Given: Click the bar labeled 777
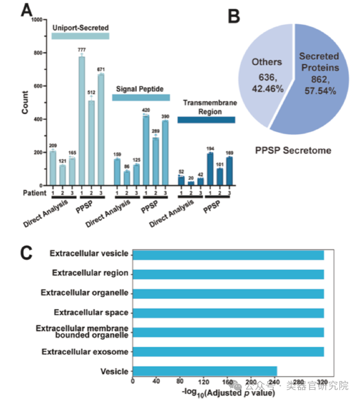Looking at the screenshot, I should (x=82, y=121).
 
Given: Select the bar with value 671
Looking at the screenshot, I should (x=101, y=130).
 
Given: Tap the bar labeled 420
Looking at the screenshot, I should (x=146, y=150).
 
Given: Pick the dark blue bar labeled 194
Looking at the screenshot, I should (x=210, y=169).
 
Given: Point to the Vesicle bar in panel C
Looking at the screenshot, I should (x=205, y=371).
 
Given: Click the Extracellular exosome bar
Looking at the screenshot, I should (x=228, y=352).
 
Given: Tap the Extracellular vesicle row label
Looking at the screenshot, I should (x=89, y=254).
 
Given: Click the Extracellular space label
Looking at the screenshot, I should (x=91, y=313).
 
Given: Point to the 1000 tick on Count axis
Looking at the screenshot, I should (x=36, y=20).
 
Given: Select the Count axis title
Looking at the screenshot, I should (x=25, y=103).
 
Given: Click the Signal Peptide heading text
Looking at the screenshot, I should (x=140, y=89).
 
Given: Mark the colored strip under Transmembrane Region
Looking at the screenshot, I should (x=206, y=120).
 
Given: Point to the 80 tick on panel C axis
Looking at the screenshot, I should (x=180, y=381).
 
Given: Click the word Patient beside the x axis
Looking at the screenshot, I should (x=35, y=193).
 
